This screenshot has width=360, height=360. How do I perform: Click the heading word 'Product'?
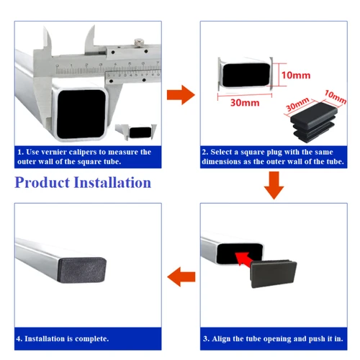(42, 182)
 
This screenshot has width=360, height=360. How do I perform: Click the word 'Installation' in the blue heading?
(113, 182)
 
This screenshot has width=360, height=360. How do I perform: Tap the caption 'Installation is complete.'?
(63, 338)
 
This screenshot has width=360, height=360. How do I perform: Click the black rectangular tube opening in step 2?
(244, 76)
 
